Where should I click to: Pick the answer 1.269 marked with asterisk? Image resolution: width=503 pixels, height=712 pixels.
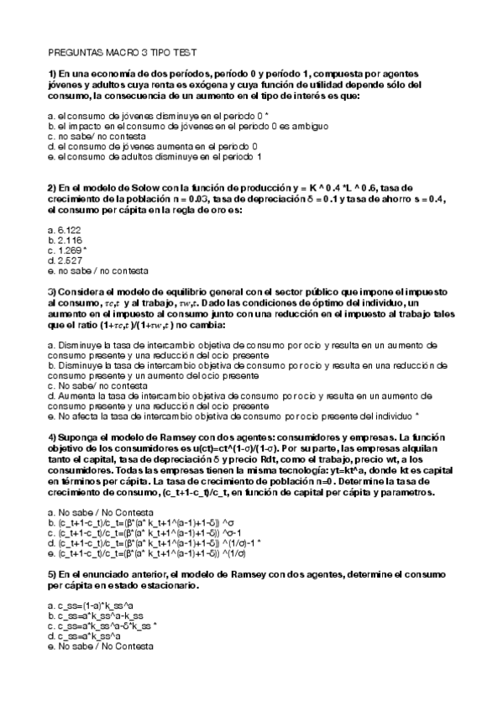coord(70,249)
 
